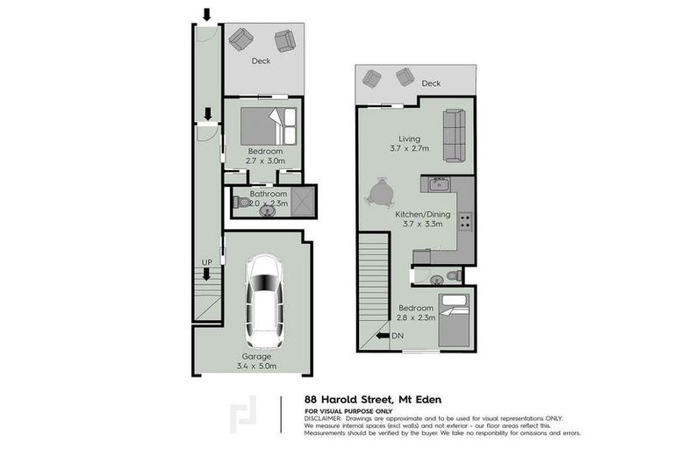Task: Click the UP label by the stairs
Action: click(207, 262)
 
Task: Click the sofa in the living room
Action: click(454, 134)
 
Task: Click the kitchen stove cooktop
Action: click(464, 222)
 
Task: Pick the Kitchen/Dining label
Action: click(423, 214)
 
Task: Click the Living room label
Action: click(409, 139)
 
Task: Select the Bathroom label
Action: click(268, 194)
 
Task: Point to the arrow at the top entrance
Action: click(207, 14)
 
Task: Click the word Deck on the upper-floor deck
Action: click(430, 83)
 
